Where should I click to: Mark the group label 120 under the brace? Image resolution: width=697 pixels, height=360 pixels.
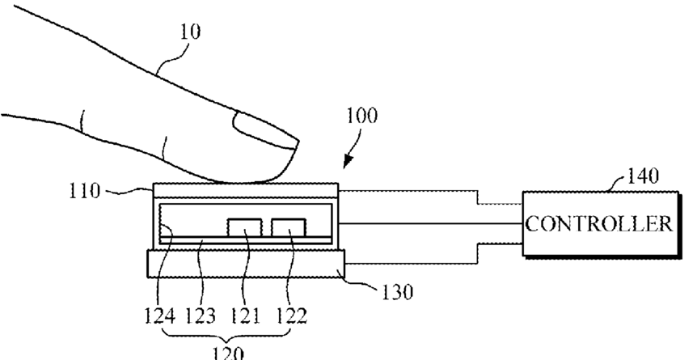click(x=229, y=352)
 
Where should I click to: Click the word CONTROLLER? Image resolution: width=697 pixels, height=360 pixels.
click(x=600, y=224)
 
